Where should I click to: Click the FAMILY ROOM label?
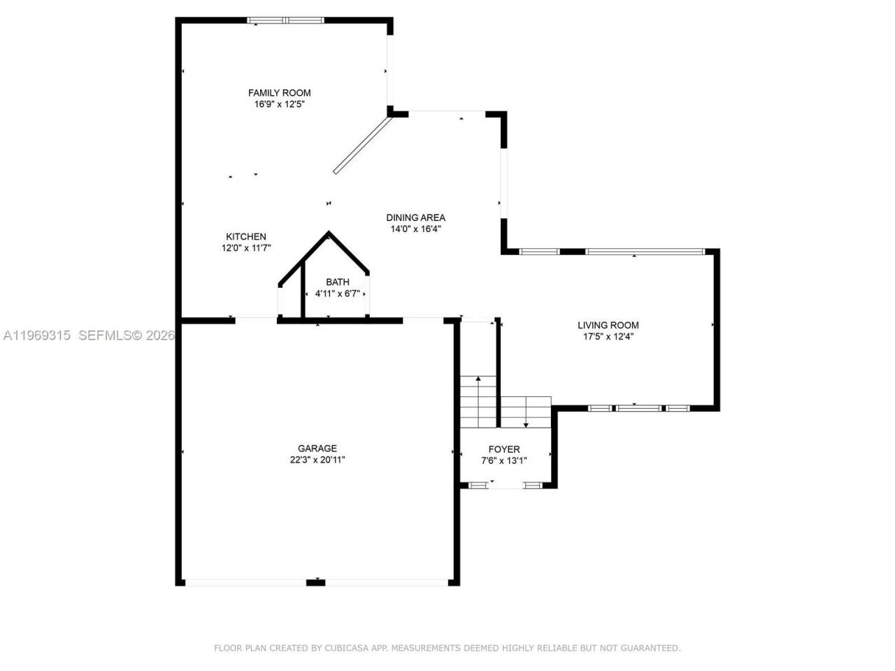point(279,93)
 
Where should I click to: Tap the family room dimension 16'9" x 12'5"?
point(279,104)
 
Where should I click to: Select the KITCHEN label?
point(245,237)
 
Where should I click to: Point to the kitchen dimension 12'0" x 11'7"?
point(245,248)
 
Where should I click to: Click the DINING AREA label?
point(415,217)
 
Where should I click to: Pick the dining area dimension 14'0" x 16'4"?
point(415,229)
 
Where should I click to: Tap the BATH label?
point(337,282)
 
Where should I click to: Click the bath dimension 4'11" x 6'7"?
point(337,294)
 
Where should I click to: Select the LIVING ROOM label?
point(608,325)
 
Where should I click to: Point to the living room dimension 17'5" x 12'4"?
point(608,336)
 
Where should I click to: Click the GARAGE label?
point(317,449)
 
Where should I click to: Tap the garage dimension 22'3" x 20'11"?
point(317,460)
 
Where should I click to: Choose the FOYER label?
point(503,449)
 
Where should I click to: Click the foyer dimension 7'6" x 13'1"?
point(503,461)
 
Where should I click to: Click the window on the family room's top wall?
point(286,20)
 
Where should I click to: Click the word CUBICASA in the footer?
point(347,648)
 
